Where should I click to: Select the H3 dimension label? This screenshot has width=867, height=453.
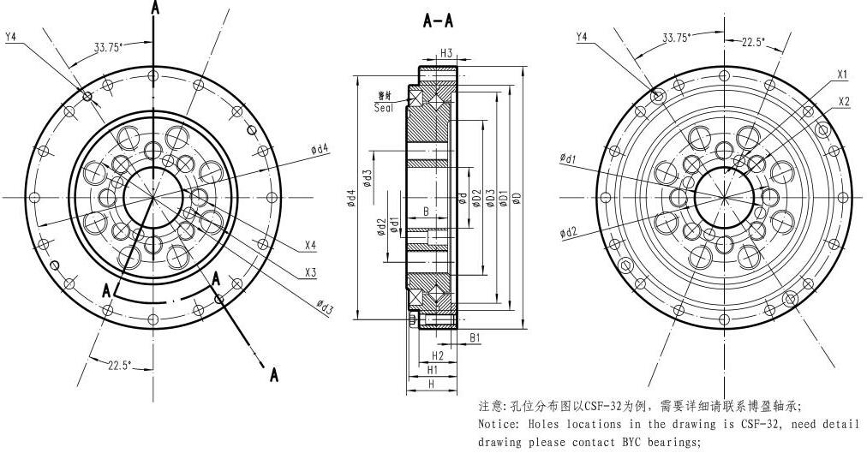tap(446, 53)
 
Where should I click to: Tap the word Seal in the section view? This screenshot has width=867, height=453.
tap(386, 108)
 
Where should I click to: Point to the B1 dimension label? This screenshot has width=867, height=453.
tap(475, 338)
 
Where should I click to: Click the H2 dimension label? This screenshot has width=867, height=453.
tap(438, 355)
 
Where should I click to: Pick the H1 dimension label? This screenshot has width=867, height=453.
tap(433, 370)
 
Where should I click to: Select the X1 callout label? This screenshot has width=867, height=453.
tap(843, 74)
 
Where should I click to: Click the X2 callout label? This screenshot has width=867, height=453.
tap(844, 101)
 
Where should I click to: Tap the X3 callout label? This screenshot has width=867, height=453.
tap(310, 273)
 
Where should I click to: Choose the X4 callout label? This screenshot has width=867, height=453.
tap(310, 246)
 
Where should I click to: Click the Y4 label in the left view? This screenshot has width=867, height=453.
tap(12, 37)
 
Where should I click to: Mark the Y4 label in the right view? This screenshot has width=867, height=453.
tap(582, 37)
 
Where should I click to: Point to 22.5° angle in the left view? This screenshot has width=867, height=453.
tap(120, 366)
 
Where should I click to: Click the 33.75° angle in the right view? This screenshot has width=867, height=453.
tap(679, 38)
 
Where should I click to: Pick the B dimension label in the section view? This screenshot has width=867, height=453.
tap(425, 210)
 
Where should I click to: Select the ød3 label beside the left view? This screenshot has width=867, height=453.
tap(325, 306)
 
